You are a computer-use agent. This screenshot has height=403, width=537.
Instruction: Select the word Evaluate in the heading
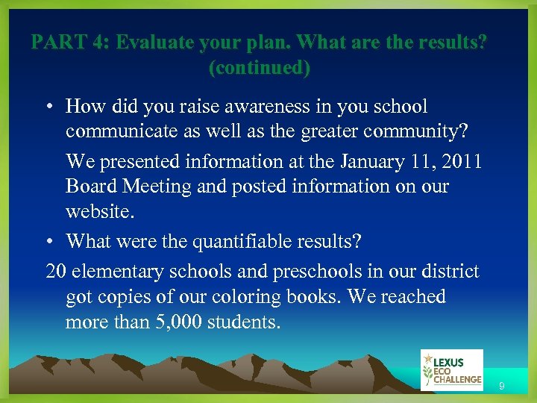tap(155, 42)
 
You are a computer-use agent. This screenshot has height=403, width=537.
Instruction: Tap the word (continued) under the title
tap(260, 68)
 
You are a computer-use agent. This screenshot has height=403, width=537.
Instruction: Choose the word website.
tap(101, 212)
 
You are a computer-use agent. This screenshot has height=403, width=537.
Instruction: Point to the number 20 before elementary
tap(56, 271)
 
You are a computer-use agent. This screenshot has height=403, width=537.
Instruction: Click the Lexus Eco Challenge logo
tap(451, 369)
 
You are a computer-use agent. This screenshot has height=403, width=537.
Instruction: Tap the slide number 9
tap(502, 386)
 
